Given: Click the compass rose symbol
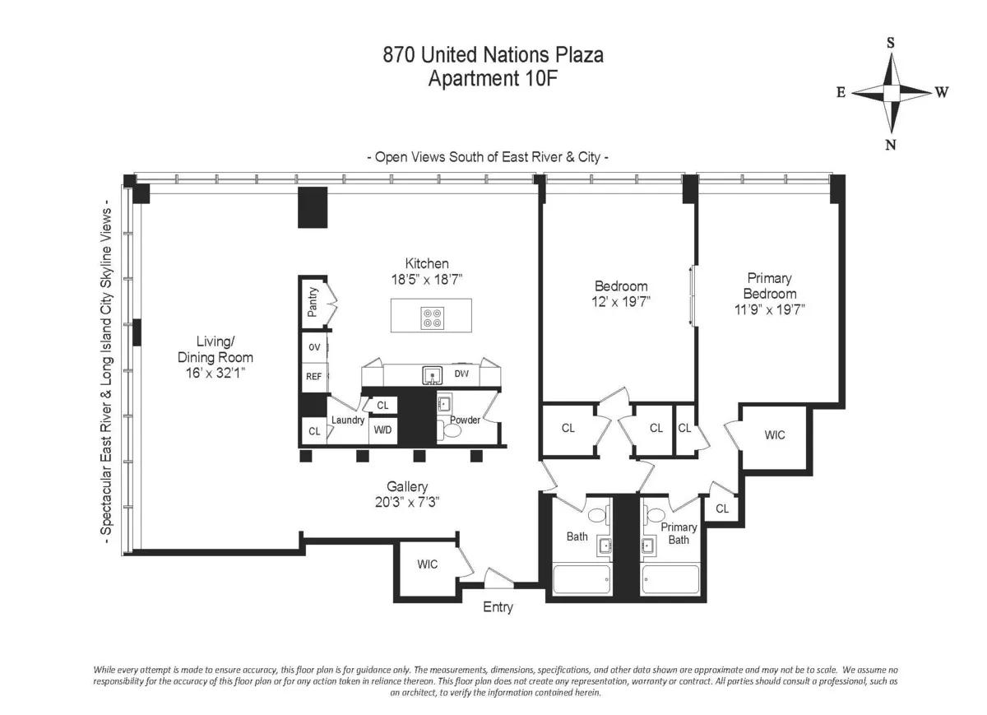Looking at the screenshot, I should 892,92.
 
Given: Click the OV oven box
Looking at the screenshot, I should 314,347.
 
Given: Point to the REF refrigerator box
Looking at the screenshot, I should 314,377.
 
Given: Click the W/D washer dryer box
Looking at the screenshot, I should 382,429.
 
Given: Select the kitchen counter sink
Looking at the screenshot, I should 433,376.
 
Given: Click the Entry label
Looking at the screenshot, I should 498,607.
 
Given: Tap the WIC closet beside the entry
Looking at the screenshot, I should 427,564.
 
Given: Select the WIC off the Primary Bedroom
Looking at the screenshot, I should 774,434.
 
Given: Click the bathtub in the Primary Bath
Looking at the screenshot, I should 670,579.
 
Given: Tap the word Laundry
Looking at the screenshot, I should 347,420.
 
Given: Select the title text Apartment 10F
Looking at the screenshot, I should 493,79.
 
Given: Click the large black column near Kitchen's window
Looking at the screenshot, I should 312,207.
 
